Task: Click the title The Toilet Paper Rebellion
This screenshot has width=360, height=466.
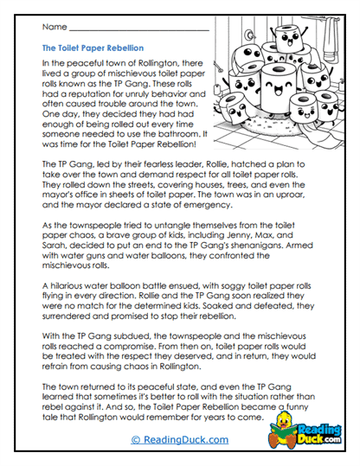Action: coord(93,48)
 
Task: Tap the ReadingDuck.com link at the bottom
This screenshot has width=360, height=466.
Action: coord(180,439)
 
